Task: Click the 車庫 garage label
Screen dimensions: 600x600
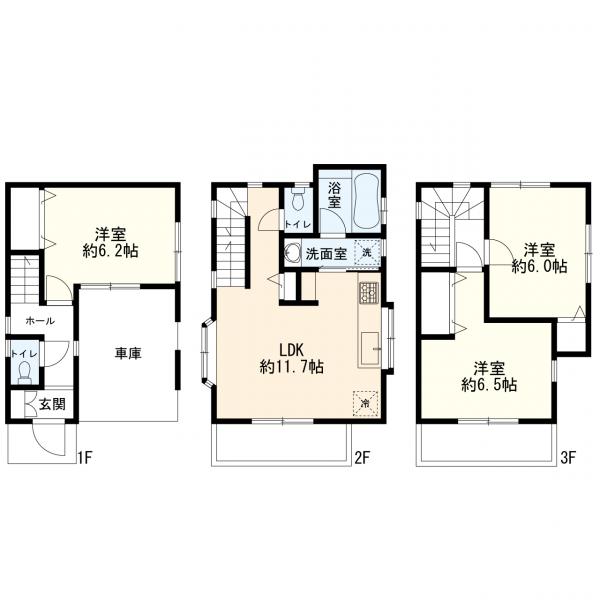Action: [x=128, y=353]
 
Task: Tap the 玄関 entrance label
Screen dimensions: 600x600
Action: [x=52, y=404]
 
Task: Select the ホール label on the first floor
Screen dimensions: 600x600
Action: [x=40, y=321]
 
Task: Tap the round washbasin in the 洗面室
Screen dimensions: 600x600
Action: [x=292, y=253]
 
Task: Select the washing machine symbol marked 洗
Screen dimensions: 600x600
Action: [x=367, y=253]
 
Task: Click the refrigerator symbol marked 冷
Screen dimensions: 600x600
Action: [x=365, y=403]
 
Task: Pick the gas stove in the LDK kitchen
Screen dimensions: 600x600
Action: [x=368, y=293]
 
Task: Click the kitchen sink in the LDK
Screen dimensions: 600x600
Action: [x=370, y=349]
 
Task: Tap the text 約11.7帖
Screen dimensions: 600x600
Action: [x=292, y=367]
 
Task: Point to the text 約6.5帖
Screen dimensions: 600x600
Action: [x=489, y=385]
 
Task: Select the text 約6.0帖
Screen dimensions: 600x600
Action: [x=539, y=266]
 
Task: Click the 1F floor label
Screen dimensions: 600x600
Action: [x=85, y=458]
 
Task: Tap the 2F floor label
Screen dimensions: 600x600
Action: [x=362, y=458]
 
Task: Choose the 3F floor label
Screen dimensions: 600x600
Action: [x=568, y=458]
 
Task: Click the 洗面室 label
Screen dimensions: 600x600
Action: [x=326, y=254]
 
